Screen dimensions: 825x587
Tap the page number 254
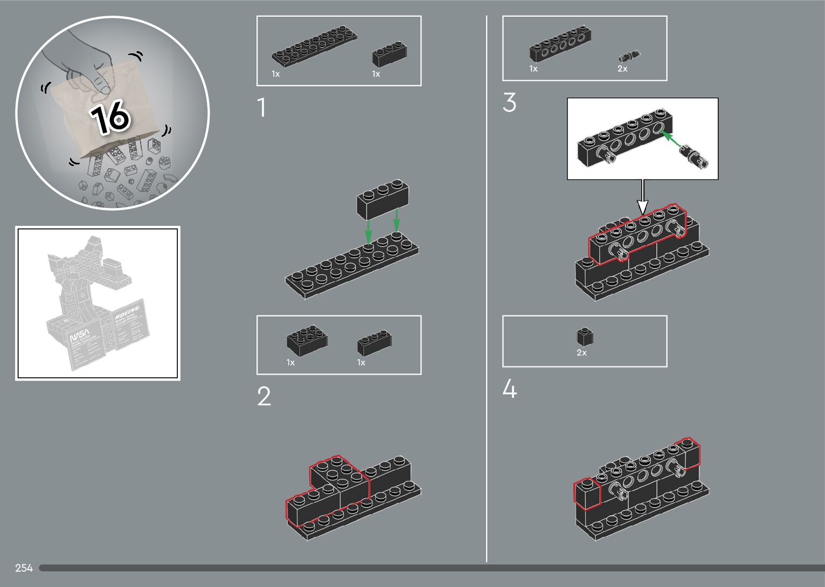(x=24, y=568)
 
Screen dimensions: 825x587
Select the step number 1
(x=262, y=108)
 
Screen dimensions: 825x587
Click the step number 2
(x=264, y=397)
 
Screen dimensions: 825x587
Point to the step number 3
(x=509, y=102)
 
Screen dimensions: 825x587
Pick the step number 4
(x=509, y=389)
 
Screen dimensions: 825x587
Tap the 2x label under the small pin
(x=622, y=69)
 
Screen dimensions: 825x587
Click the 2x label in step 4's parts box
(x=581, y=353)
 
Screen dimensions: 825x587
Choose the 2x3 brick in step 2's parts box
(x=307, y=340)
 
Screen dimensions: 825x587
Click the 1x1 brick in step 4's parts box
(x=585, y=337)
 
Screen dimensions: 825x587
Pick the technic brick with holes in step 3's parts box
(x=560, y=43)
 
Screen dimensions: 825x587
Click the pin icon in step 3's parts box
(x=629, y=56)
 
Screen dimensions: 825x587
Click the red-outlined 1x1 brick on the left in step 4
(x=587, y=493)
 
